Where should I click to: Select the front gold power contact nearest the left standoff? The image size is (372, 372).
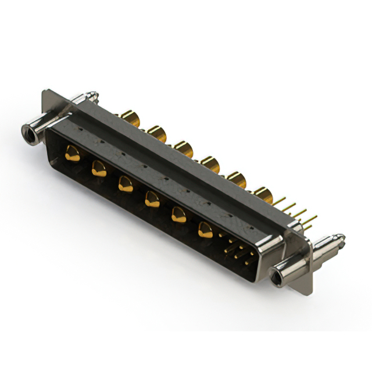pyautogui.click(x=73, y=153)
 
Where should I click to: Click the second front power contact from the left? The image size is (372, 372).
pyautogui.click(x=99, y=169)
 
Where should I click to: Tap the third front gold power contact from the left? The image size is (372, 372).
pyautogui.click(x=125, y=184)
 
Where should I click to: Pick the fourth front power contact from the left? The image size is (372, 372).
pyautogui.click(x=152, y=199)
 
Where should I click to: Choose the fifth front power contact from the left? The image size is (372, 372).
pyautogui.click(x=178, y=215)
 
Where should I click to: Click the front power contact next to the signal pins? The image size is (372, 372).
pyautogui.click(x=205, y=230)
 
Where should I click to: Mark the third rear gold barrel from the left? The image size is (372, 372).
pyautogui.click(x=184, y=149)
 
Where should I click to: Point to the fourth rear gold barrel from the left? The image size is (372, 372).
pyautogui.click(x=210, y=164)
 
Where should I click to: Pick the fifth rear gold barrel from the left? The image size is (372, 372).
pyautogui.click(x=236, y=180)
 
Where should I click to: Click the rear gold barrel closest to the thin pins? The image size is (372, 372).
pyautogui.click(x=263, y=196)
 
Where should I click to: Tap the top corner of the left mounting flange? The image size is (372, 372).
pyautogui.click(x=46, y=91)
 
